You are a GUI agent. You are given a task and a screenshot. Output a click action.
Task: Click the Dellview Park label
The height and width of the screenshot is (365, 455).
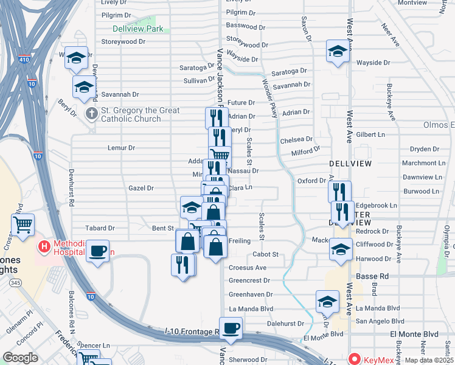click(138, 29)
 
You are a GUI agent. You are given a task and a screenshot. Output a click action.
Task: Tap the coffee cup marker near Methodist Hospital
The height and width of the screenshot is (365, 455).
click(97, 250)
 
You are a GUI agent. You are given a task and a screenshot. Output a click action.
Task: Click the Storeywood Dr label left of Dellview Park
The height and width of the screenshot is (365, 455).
click(123, 42)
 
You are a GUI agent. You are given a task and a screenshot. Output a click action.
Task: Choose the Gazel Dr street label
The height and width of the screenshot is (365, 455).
click(141, 189)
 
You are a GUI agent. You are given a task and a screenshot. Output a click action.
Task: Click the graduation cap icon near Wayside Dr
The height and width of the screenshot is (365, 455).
click(337, 51)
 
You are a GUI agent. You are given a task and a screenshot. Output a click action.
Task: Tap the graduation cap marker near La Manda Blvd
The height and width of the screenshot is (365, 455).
click(327, 301)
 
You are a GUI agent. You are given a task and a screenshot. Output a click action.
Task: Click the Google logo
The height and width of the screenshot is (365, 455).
click(20, 358)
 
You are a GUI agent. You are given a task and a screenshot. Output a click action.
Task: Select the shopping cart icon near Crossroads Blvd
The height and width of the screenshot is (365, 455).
click(23, 225)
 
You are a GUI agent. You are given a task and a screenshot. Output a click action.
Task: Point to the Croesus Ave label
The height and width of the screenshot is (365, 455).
click(248, 268)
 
